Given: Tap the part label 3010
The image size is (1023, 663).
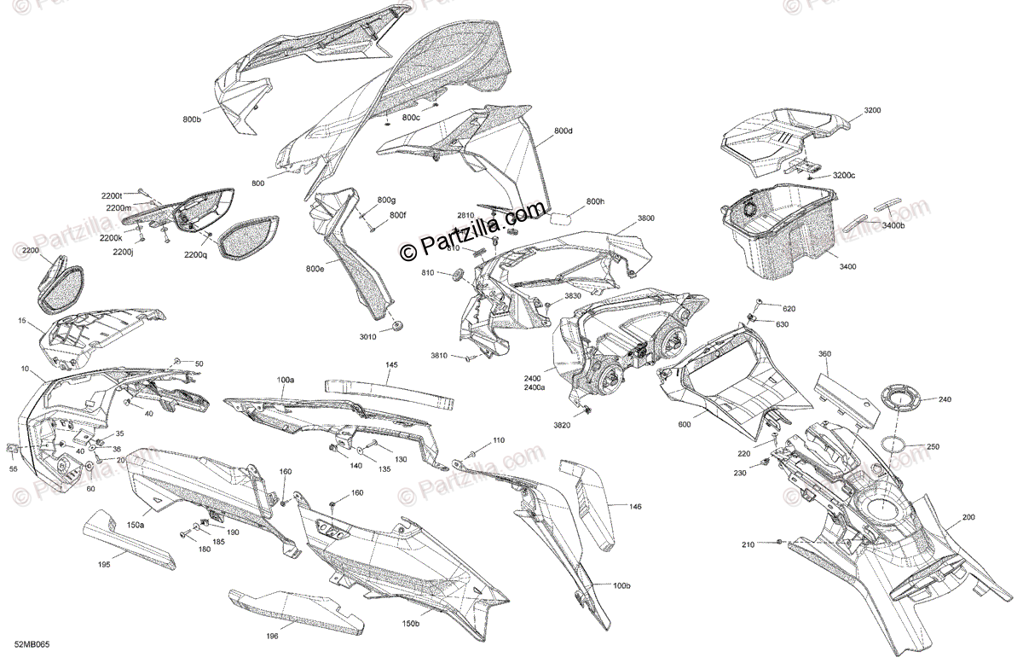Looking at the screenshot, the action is [367, 337].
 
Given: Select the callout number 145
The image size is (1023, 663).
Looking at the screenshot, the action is [391, 364].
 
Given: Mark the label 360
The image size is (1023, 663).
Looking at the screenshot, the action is [824, 353].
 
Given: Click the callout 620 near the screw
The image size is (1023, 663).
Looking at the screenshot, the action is [789, 308].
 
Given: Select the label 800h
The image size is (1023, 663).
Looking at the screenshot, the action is [594, 202].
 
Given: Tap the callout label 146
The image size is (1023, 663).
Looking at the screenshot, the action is [635, 507].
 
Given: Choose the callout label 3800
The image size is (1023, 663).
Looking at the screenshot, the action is [645, 218].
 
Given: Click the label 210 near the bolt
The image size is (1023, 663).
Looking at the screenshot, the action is [748, 544].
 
